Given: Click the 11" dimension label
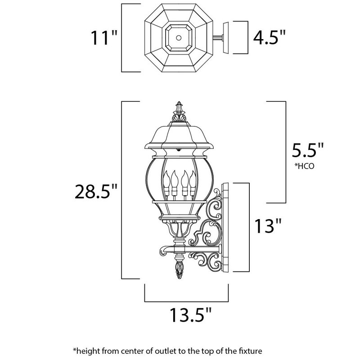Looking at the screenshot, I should click(x=103, y=38).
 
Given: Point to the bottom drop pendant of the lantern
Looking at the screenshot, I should click(x=179, y=270).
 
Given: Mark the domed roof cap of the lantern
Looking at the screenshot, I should click(x=180, y=135).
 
